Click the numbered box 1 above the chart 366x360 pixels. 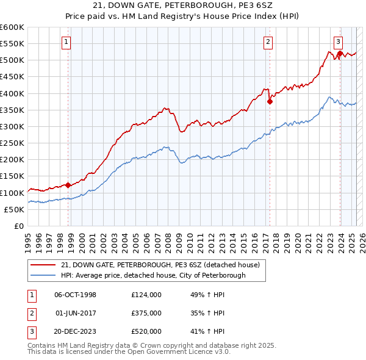[65, 42]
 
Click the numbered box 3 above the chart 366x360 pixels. [338, 42]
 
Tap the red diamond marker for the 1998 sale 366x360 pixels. [68, 185]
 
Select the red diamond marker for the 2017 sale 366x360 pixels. [269, 102]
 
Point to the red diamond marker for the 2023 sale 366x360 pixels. [339, 54]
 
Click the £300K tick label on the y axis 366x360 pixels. [12, 126]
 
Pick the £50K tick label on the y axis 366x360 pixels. [14, 209]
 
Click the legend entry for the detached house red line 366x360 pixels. [160, 265]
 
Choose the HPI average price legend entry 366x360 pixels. [152, 275]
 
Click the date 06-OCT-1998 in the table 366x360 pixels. [75, 295]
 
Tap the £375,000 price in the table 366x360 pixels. [146, 313]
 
